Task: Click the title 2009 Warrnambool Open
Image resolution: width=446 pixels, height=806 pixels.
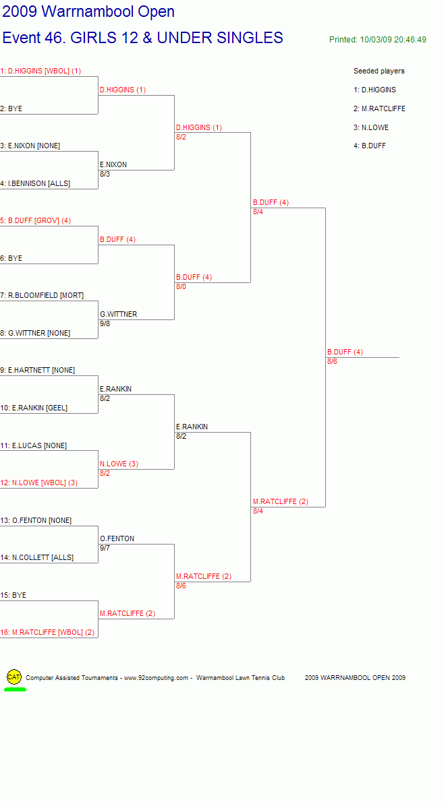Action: point(88,12)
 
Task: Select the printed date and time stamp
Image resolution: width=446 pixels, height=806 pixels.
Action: point(378,40)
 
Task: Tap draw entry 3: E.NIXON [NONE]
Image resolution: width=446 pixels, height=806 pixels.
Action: point(30,146)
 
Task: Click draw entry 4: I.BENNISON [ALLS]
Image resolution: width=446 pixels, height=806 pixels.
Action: point(35,183)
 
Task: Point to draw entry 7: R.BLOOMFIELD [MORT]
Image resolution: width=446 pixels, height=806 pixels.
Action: point(42,296)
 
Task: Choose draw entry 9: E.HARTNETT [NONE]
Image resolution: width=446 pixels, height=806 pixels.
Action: point(38,370)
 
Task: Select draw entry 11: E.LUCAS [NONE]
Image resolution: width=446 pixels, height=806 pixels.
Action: point(34,445)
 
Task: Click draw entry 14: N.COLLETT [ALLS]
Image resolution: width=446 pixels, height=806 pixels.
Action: point(36,558)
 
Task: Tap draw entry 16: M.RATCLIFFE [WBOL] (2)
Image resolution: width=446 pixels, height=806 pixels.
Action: point(47,632)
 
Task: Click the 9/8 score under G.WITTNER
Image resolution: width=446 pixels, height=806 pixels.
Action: point(105,324)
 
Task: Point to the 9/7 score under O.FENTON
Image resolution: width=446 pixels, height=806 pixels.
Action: point(105,548)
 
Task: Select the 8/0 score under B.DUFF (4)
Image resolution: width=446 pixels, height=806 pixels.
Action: point(181,286)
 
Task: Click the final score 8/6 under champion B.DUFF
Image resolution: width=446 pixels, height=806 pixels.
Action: point(333,361)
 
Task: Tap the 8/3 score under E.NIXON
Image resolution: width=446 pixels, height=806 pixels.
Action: point(105,174)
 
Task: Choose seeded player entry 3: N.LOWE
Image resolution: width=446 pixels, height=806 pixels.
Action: point(371,127)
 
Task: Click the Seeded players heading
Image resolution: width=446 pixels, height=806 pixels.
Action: point(379,71)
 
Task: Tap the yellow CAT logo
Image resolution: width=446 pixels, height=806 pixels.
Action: point(14,677)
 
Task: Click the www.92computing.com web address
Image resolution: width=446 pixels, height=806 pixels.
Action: point(157,678)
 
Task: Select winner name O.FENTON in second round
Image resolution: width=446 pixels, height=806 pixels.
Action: point(117,538)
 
